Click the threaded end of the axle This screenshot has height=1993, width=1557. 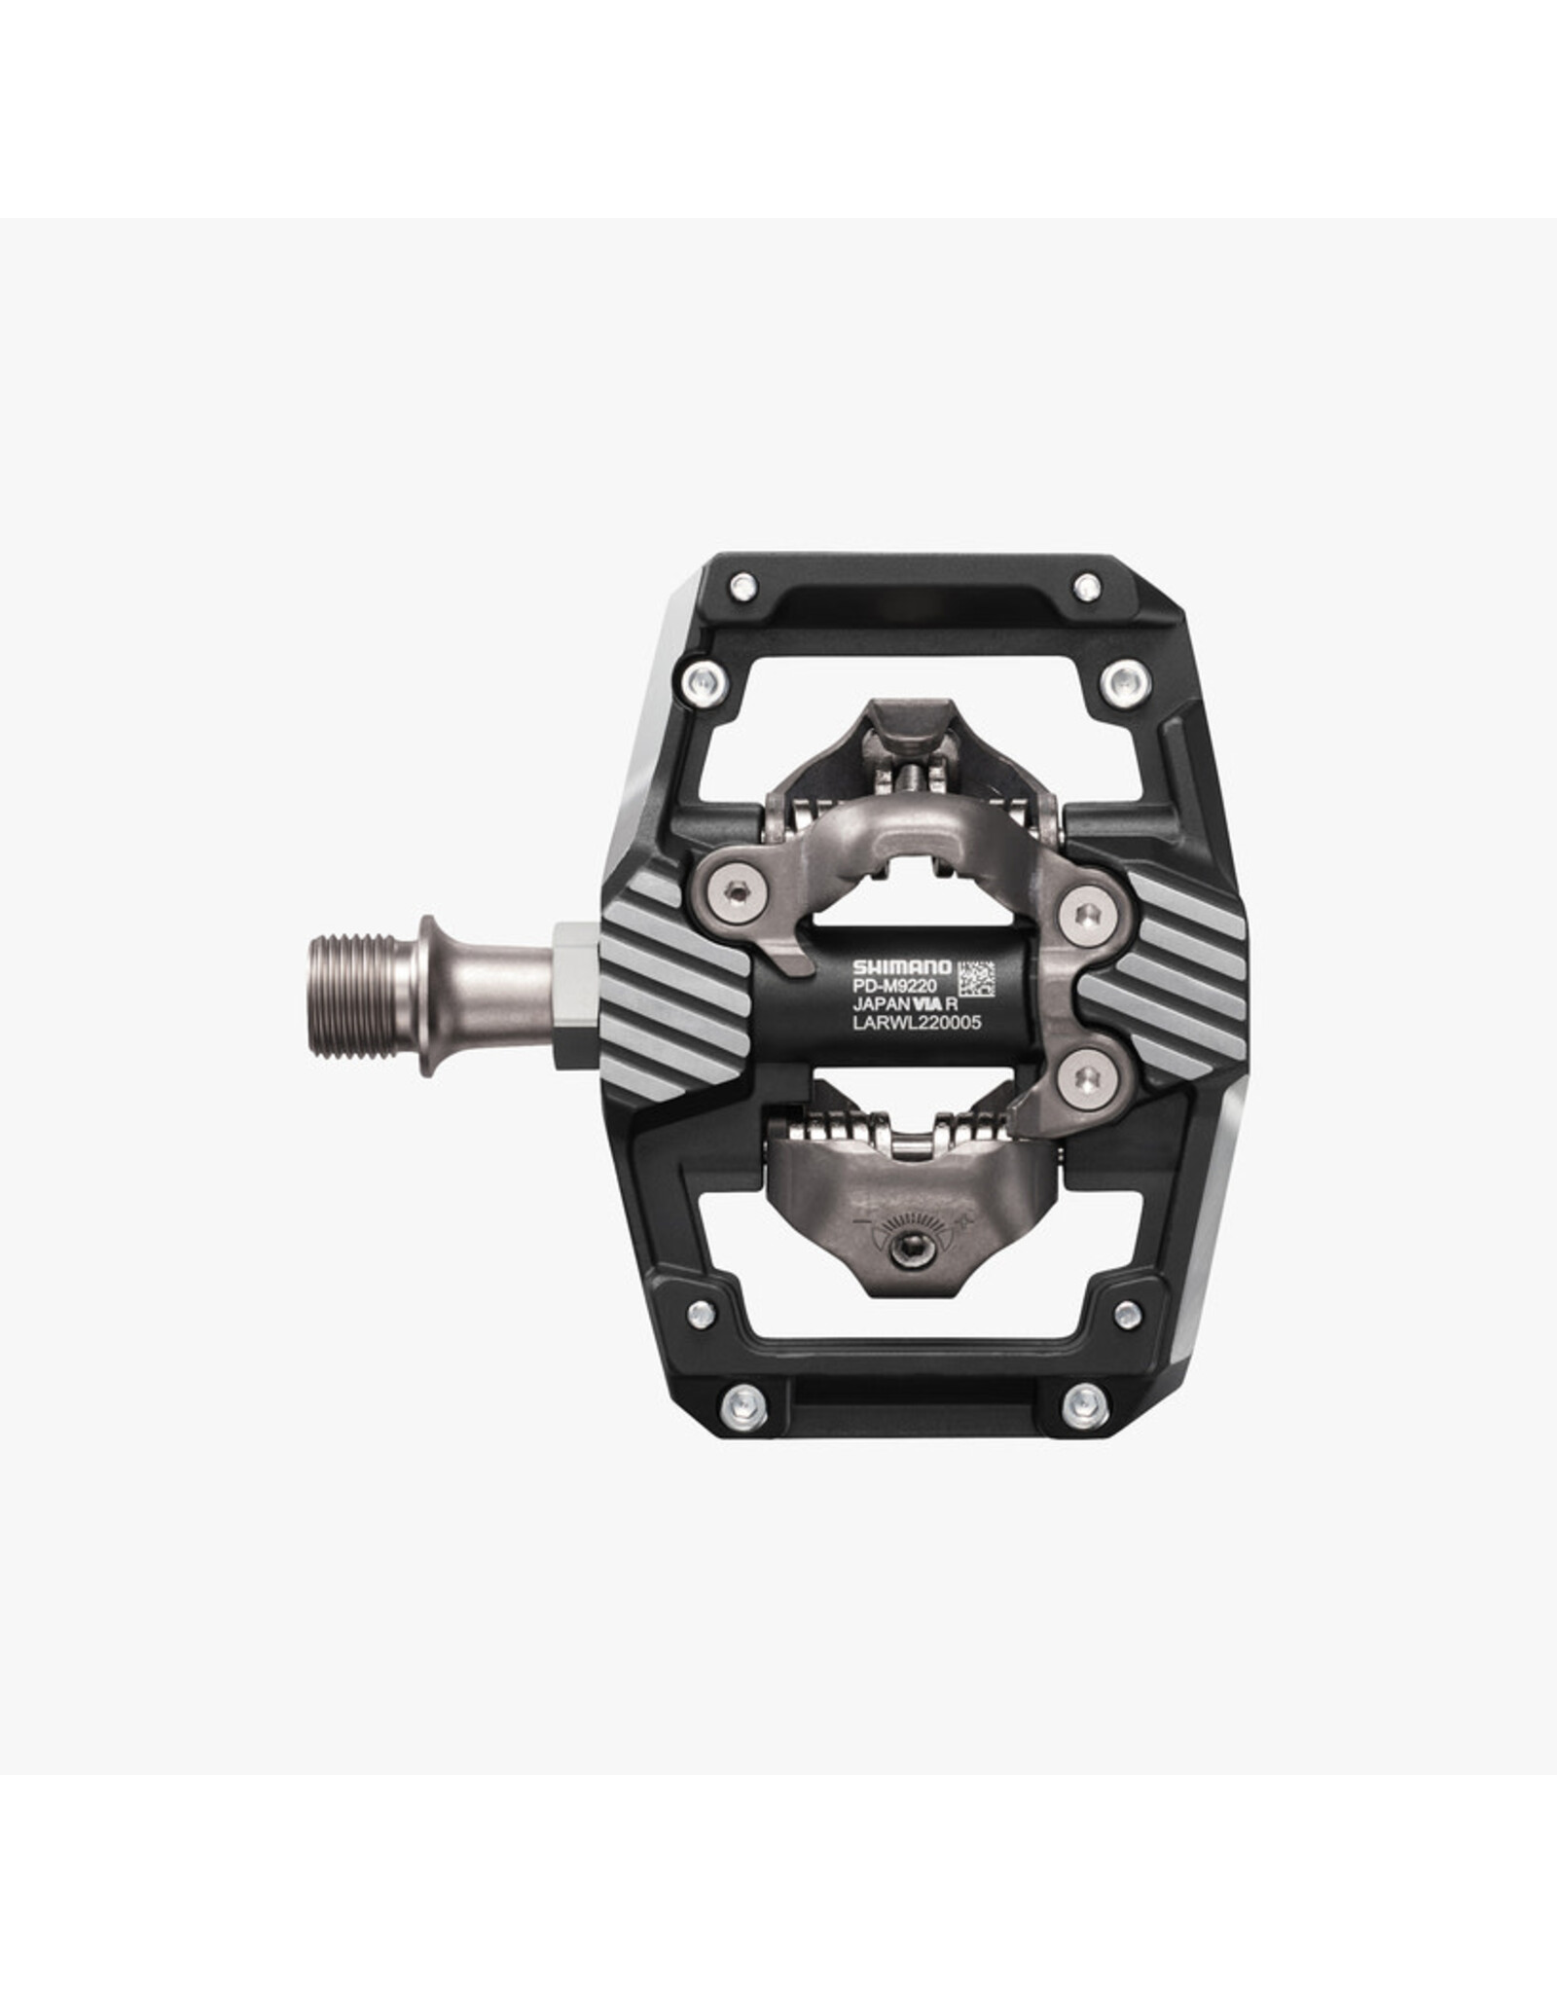click(x=363, y=995)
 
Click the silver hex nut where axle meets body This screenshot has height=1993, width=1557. click(x=576, y=995)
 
